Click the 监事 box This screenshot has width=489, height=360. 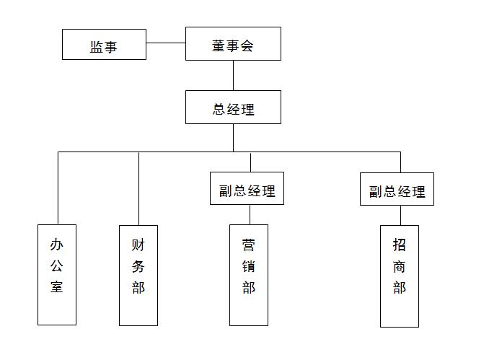click(104, 45)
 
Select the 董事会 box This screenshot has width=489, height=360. click(233, 44)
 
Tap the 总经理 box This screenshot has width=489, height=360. click(233, 107)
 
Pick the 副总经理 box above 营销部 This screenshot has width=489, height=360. click(247, 189)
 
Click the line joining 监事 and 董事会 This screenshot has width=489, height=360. click(166, 43)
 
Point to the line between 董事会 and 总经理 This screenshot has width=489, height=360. click(233, 75)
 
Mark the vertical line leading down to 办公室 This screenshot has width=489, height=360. click(58, 188)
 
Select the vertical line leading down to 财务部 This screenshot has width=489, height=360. click(138, 188)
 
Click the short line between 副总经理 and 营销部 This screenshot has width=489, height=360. click(250, 214)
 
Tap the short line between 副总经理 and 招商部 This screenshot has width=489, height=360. click(400, 215)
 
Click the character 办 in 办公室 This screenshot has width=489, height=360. click(57, 245)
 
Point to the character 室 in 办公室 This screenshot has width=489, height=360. click(57, 286)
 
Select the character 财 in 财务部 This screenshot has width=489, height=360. click(138, 245)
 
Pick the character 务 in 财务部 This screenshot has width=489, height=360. click(138, 265)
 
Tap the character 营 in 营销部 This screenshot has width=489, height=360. click(249, 245)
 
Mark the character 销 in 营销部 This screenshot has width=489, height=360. click(249, 266)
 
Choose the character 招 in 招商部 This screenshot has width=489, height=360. click(400, 245)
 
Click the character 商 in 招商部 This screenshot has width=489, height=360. click(400, 266)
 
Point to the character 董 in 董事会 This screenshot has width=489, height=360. click(219, 45)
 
